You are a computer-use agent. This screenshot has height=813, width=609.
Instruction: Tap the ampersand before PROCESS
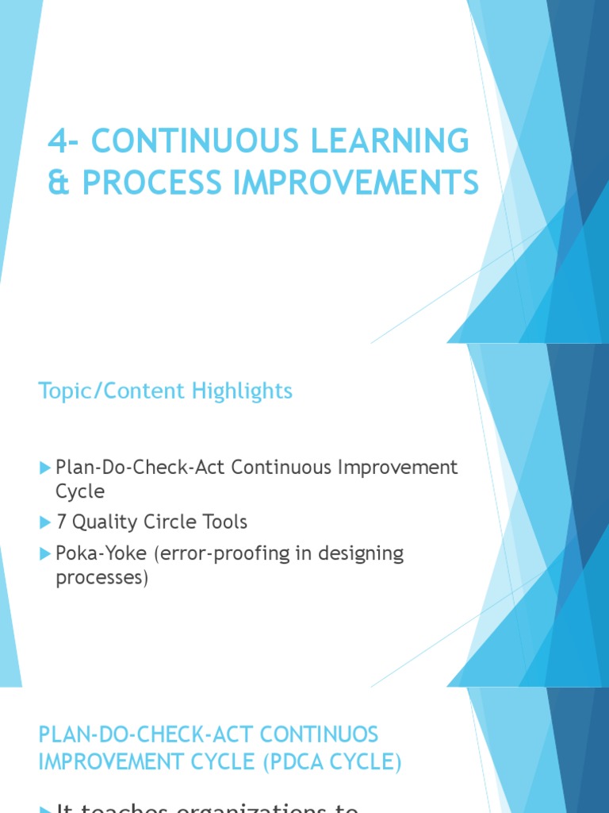click(x=59, y=183)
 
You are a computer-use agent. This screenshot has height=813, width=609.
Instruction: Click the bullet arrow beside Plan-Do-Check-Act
click(x=44, y=468)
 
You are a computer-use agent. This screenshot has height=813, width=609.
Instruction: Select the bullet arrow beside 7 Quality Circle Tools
click(x=44, y=522)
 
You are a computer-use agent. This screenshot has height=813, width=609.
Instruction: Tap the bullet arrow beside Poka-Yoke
click(x=44, y=553)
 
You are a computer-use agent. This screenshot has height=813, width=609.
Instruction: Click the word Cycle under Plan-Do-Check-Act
click(x=79, y=491)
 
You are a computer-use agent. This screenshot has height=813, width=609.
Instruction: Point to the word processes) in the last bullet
click(x=101, y=577)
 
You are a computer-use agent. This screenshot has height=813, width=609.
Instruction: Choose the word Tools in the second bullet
click(x=224, y=522)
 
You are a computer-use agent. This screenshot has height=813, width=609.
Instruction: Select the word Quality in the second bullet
click(x=105, y=522)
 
